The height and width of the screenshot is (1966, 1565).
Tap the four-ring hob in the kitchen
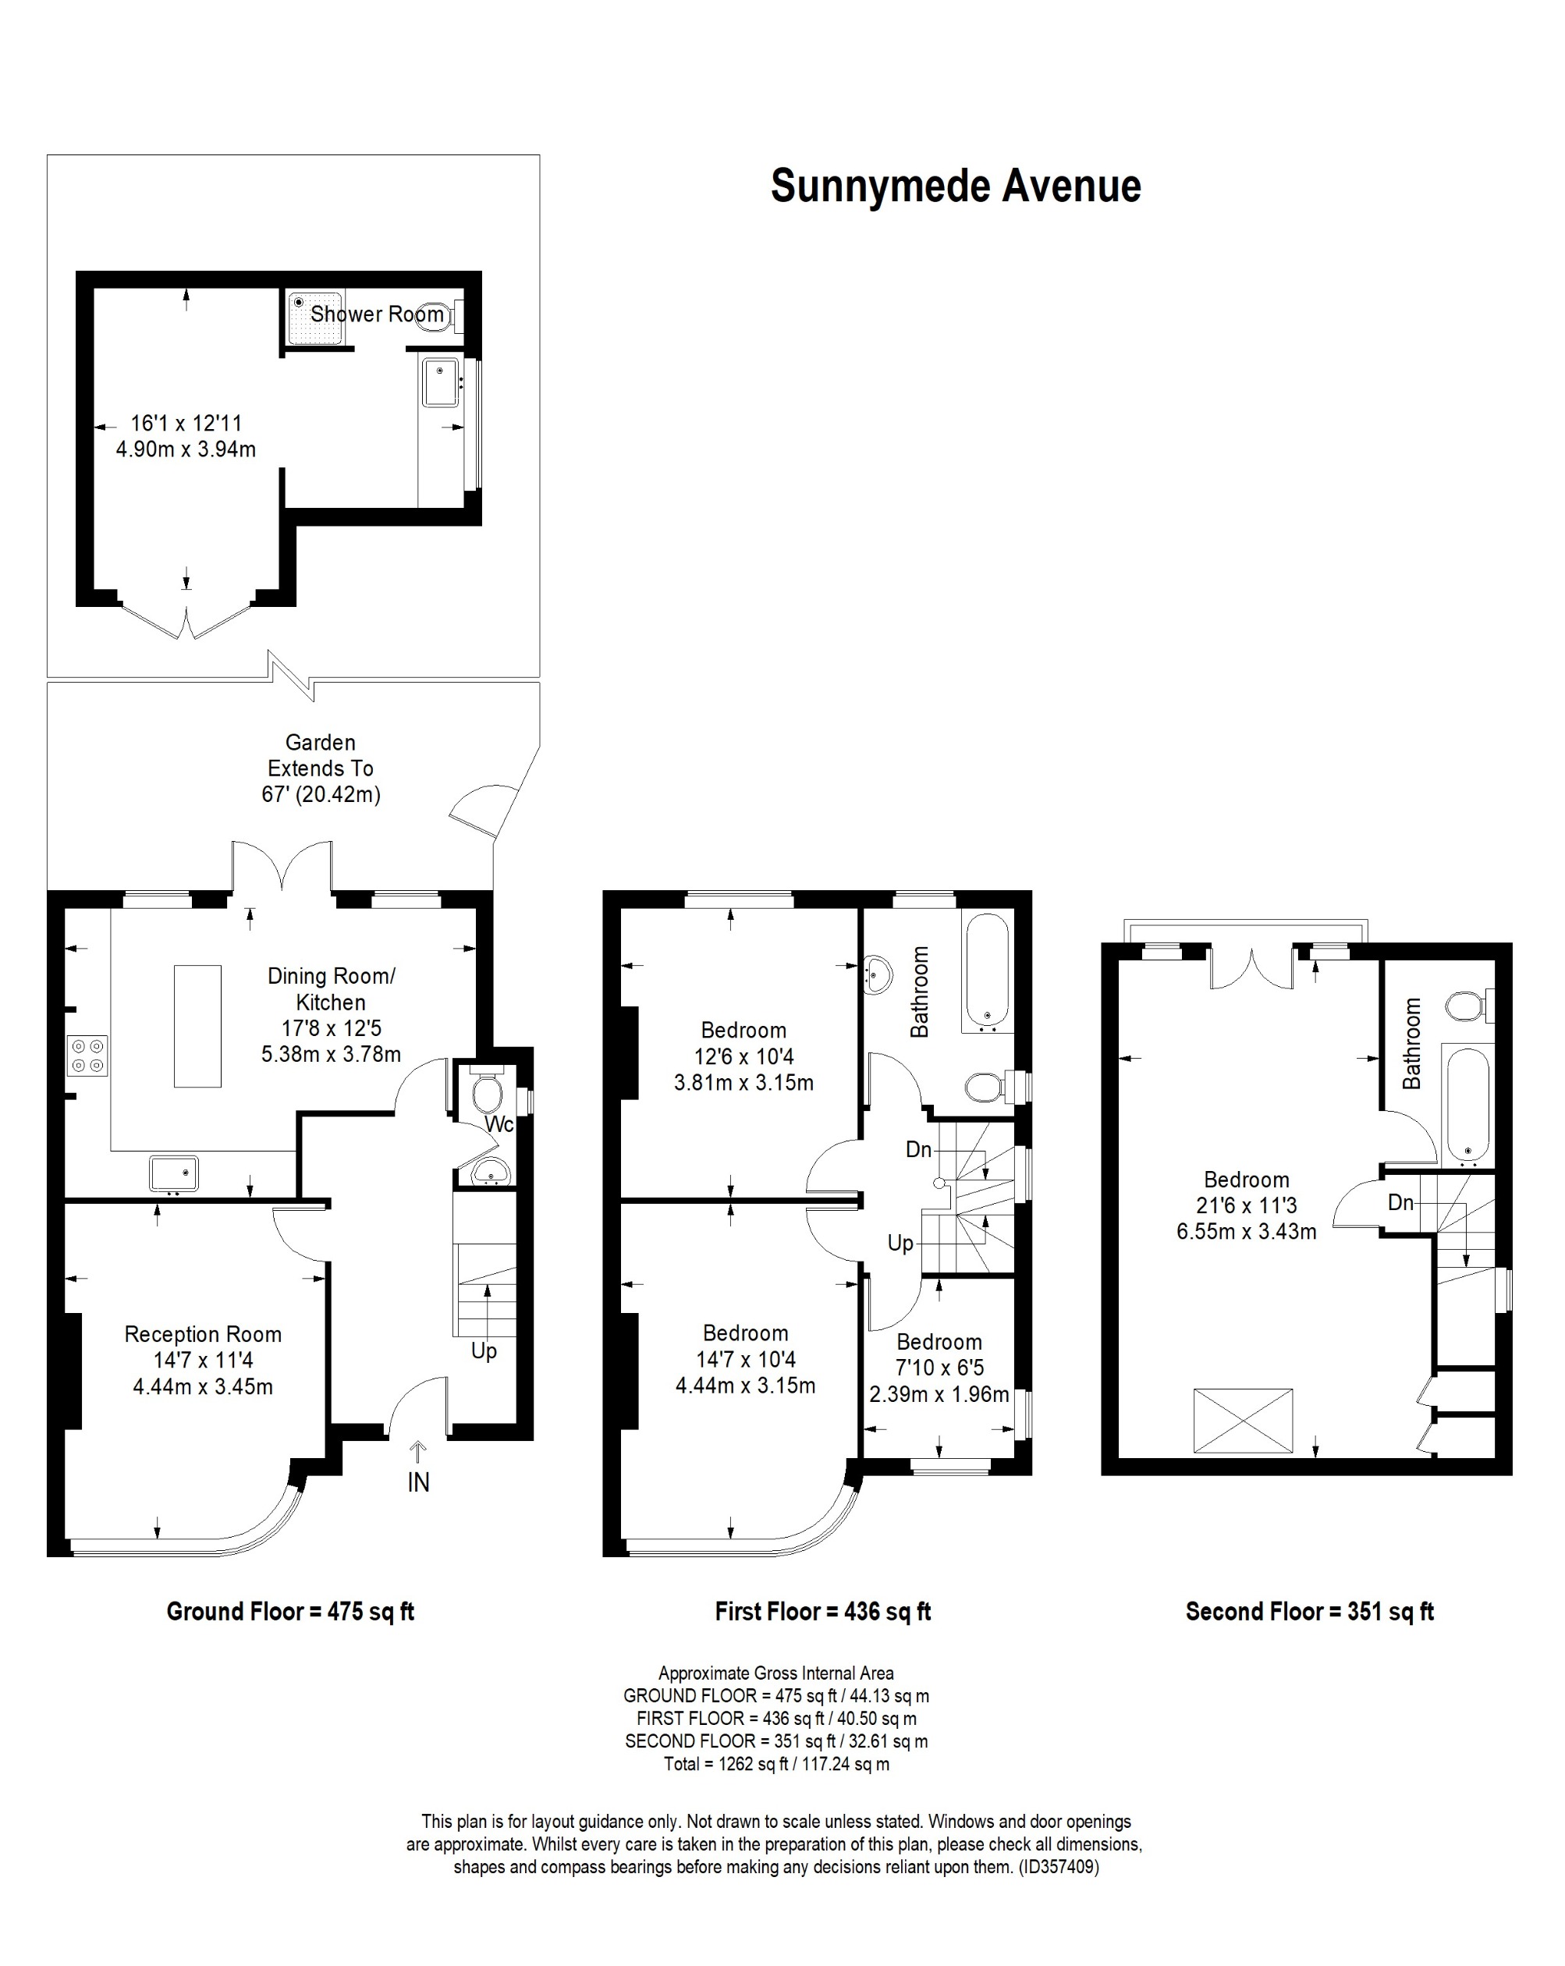[x=87, y=1055]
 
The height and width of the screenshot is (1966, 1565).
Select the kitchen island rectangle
[x=197, y=1026]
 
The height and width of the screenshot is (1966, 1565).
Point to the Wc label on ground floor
[x=499, y=1124]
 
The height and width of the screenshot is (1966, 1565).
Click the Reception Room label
[x=203, y=1334]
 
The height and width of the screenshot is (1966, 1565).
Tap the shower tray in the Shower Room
[x=314, y=318]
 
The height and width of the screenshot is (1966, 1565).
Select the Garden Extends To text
[x=320, y=768]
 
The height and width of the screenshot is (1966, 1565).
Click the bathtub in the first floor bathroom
[x=987, y=972]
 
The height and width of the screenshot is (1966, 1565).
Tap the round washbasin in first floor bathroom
[x=878, y=974]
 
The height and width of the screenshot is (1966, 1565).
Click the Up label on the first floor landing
[x=900, y=1243]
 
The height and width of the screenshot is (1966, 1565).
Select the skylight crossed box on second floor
[x=1242, y=1421]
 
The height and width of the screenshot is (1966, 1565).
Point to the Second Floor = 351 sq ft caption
[x=1309, y=1611]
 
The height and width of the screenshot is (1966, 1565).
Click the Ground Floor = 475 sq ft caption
[x=290, y=1611]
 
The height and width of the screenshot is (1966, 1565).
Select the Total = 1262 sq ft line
[x=776, y=1764]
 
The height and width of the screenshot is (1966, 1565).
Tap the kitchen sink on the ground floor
[x=173, y=1173]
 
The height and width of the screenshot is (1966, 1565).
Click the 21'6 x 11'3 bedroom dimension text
[x=1246, y=1205]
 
